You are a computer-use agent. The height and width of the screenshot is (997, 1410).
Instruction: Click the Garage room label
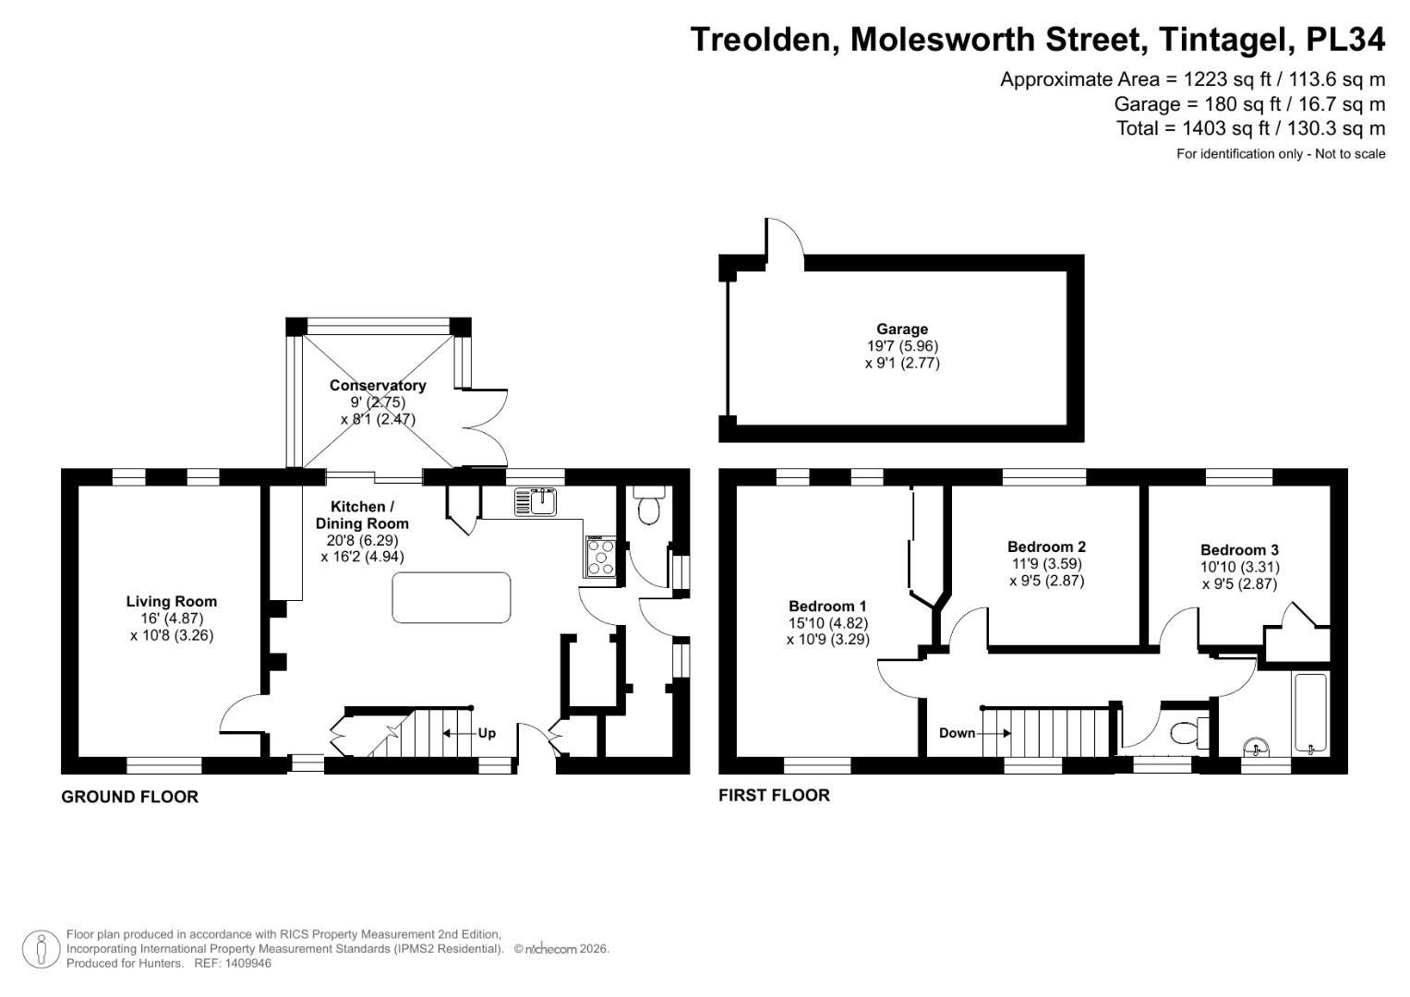[901, 329]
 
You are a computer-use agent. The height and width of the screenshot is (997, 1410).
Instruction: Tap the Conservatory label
[378, 385]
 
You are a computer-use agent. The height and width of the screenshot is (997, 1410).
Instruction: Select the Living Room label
[172, 601]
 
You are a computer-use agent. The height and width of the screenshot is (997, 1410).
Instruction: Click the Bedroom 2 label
[1045, 547]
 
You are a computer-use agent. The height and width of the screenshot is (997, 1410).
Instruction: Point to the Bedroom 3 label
[1239, 549]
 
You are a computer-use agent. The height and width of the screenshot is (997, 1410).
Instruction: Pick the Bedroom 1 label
[827, 606]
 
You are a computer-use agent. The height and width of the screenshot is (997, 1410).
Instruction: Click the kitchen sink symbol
[536, 502]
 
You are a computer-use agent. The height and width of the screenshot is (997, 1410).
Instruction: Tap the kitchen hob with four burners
[600, 557]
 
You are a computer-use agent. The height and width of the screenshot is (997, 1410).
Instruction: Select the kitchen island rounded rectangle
[452, 597]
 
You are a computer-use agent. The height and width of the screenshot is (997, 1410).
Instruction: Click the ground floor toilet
[648, 506]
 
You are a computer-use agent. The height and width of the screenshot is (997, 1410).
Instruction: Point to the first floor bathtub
[1310, 713]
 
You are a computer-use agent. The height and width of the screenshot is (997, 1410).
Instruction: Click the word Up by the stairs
[487, 733]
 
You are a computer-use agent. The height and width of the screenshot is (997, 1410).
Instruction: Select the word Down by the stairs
[957, 733]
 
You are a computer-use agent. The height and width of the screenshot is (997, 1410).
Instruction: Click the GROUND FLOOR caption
[129, 797]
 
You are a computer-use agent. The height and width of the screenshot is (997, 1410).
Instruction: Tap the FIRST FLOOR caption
[774, 795]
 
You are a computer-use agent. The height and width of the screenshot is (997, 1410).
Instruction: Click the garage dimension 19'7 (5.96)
[901, 346]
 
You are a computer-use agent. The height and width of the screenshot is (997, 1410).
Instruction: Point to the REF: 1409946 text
[232, 963]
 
